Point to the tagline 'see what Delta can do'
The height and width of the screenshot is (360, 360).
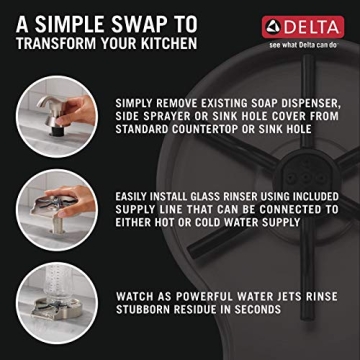[302, 45]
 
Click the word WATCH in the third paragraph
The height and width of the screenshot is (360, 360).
[137, 296]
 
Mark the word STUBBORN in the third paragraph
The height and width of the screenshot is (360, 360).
[151, 310]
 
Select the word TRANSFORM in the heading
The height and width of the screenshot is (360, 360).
[60, 43]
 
